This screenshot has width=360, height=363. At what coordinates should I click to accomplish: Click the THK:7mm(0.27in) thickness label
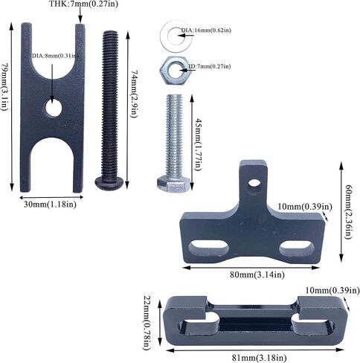coord(83,4)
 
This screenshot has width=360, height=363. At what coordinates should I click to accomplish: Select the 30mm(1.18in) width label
coord(50,205)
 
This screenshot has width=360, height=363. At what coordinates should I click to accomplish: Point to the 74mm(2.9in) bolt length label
coord(134,94)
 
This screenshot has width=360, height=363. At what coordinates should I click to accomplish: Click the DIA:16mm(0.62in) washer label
coord(206,30)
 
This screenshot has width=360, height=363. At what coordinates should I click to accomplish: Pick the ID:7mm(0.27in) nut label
coord(209,66)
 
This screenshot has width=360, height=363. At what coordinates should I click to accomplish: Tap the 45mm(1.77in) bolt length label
coord(198,144)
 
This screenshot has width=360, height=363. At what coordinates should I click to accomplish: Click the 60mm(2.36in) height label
coord(349,211)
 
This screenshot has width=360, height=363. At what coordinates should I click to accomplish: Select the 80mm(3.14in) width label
coord(257,274)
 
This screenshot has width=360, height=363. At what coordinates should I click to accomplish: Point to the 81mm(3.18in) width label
coord(259,358)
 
